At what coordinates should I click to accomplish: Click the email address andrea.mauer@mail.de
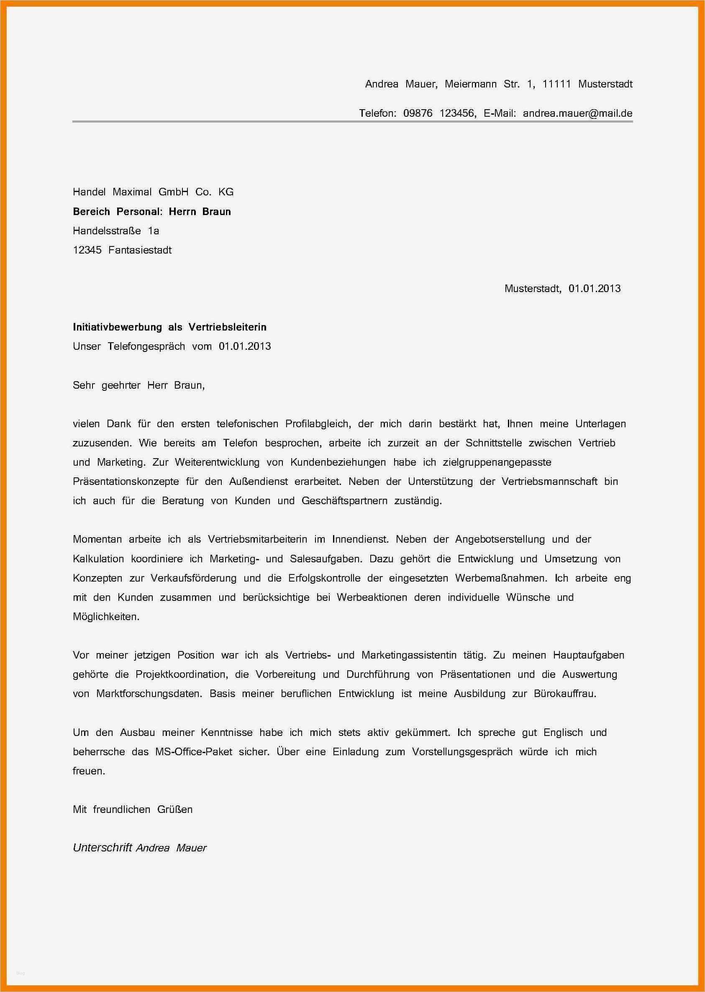click(577, 113)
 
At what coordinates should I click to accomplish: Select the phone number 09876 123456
click(439, 113)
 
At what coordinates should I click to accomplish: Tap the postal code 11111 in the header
click(556, 84)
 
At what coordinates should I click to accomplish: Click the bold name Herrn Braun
click(200, 211)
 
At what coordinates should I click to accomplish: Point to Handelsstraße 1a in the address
click(115, 231)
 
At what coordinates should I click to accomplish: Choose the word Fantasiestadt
click(140, 250)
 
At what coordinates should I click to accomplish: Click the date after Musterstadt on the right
click(594, 288)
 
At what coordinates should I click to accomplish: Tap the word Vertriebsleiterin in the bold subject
click(227, 327)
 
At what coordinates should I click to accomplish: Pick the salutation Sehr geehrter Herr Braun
click(138, 385)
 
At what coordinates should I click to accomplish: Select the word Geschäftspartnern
click(344, 500)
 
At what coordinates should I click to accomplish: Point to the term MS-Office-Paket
click(194, 751)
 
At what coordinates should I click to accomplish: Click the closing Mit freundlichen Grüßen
click(132, 809)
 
